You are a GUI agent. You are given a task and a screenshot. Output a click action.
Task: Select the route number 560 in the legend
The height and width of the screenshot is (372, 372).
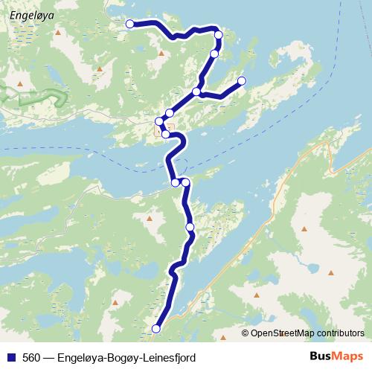click(31, 358)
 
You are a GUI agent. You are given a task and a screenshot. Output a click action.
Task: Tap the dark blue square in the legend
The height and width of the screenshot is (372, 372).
click(11, 358)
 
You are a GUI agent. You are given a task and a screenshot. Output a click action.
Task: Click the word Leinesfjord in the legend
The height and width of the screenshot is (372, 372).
click(170, 358)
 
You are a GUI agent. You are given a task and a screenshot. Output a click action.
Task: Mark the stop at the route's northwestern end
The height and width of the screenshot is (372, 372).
click(129, 24)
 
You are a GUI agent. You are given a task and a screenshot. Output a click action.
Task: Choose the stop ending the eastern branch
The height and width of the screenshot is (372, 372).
click(241, 80)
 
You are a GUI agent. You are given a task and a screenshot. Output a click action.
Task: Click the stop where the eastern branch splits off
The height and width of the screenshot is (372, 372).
click(196, 92)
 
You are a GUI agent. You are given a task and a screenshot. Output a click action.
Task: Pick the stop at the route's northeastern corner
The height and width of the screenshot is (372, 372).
click(219, 35)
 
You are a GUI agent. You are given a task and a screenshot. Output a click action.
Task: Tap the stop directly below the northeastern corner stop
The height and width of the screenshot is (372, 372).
click(214, 54)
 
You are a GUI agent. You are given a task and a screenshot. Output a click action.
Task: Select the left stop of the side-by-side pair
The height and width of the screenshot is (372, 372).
click(176, 182)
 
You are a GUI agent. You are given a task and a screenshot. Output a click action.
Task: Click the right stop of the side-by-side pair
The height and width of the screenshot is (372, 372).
click(185, 182)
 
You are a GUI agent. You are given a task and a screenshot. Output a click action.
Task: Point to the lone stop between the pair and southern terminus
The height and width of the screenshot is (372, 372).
click(190, 226)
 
